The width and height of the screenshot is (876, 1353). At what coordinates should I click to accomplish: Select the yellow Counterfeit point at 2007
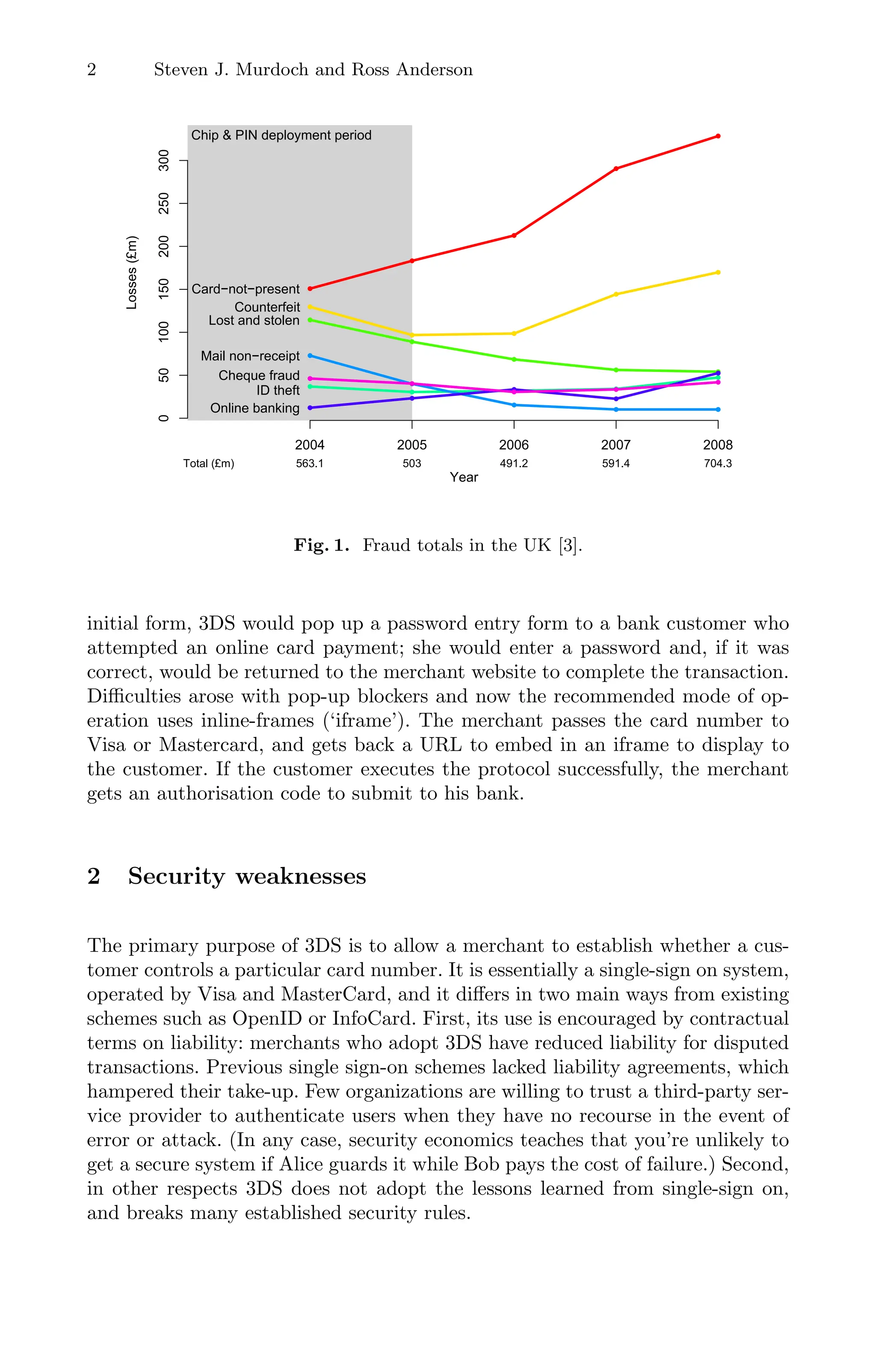[x=616, y=295]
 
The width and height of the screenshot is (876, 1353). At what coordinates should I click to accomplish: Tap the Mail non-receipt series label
[x=250, y=357]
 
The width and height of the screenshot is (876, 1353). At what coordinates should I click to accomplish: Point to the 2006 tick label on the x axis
[x=514, y=445]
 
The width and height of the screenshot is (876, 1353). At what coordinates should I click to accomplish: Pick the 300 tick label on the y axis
[x=164, y=160]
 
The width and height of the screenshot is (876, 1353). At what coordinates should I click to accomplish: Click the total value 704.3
[x=718, y=464]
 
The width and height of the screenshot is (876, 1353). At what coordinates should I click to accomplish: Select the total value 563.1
[x=309, y=464]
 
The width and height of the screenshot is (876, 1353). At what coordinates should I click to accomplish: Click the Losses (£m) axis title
[x=132, y=272]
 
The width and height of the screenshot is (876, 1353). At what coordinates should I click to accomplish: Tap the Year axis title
[x=464, y=478]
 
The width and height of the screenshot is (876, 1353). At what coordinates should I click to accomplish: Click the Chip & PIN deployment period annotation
[x=281, y=135]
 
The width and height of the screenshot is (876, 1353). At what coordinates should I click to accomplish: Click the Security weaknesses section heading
[x=246, y=876]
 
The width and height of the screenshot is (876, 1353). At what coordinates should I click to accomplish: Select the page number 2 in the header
[x=92, y=70]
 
